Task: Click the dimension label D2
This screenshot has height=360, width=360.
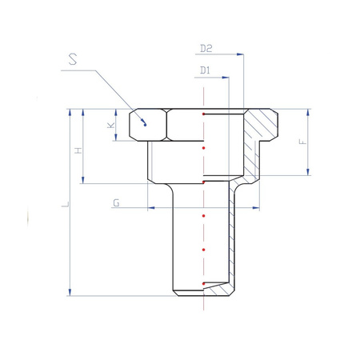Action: tap(206, 49)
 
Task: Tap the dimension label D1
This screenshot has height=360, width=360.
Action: tap(205, 70)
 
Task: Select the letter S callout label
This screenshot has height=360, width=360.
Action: tap(73, 59)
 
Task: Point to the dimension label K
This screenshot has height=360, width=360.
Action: tap(111, 126)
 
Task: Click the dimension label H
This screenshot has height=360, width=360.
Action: tap(78, 150)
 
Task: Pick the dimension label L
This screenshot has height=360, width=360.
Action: tap(66, 205)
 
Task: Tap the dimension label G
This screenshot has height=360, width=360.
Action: tap(116, 203)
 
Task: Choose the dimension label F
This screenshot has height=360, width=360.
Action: tap(303, 142)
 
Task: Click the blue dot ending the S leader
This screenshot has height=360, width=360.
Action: tap(145, 125)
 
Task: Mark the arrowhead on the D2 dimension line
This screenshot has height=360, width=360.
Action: tap(240, 54)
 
